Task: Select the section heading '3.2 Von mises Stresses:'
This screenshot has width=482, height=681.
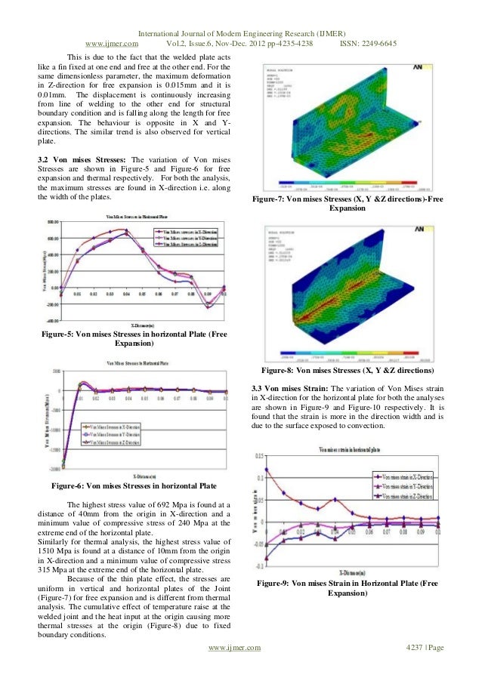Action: tap(82, 160)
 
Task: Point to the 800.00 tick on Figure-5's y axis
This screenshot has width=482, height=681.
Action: tap(52, 222)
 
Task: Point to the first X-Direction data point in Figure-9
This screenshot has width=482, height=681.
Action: tap(267, 470)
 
